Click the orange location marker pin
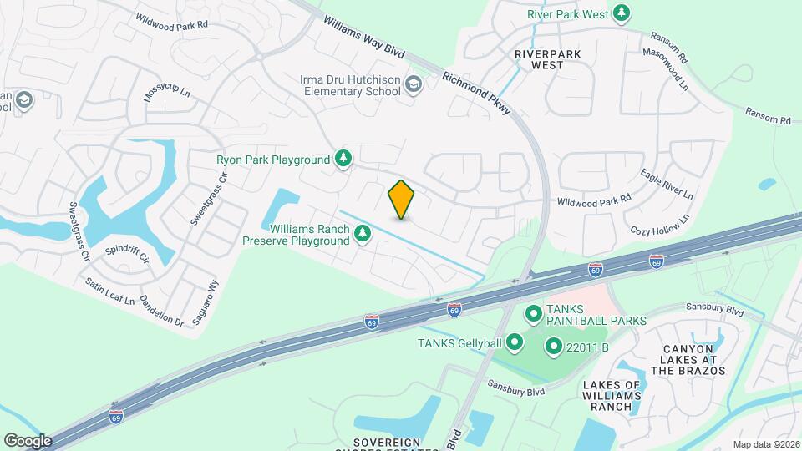402,200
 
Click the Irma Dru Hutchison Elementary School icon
413,84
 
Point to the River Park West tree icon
621,14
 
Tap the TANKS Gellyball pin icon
515,341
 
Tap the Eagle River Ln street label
667,183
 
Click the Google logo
28,440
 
